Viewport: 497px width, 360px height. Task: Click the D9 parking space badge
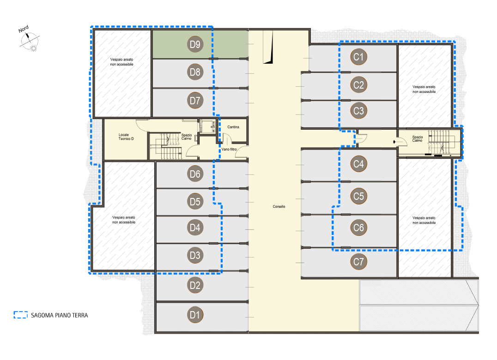[x=195, y=44]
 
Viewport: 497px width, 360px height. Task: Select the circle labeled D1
[x=195, y=315]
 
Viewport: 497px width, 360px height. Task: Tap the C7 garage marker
[x=358, y=262]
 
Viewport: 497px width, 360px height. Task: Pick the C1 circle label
[x=358, y=57]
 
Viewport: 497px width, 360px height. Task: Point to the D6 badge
[x=195, y=174]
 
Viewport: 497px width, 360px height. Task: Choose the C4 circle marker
[x=358, y=164]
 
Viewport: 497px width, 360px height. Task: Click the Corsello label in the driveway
[x=279, y=206]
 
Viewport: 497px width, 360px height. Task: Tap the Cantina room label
[x=233, y=127]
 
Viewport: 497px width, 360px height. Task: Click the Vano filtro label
[x=229, y=149]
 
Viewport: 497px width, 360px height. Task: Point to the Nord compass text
[x=23, y=29]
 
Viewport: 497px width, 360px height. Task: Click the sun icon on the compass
[x=33, y=48]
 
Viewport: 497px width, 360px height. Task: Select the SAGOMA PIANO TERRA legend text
[x=59, y=315]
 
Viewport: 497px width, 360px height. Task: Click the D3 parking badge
[x=195, y=255]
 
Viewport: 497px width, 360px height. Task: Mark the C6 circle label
[x=358, y=228]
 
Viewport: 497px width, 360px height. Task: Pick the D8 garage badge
[x=195, y=72]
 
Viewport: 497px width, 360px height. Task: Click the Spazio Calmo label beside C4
[x=418, y=138]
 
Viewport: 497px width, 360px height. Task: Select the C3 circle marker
[x=358, y=110]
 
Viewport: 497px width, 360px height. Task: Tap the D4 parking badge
[x=195, y=228]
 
